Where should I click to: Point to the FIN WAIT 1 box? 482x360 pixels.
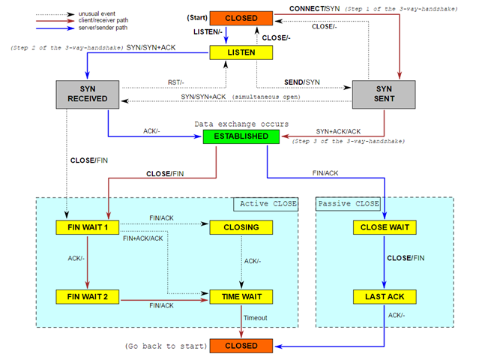(x=87, y=226)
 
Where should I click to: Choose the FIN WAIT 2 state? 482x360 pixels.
(x=87, y=296)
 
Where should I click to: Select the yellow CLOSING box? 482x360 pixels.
(x=241, y=226)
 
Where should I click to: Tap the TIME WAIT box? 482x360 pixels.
(x=241, y=296)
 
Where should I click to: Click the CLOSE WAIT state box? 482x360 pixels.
(x=385, y=226)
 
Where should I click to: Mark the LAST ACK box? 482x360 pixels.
(x=385, y=296)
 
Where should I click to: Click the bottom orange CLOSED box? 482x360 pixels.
(x=241, y=346)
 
